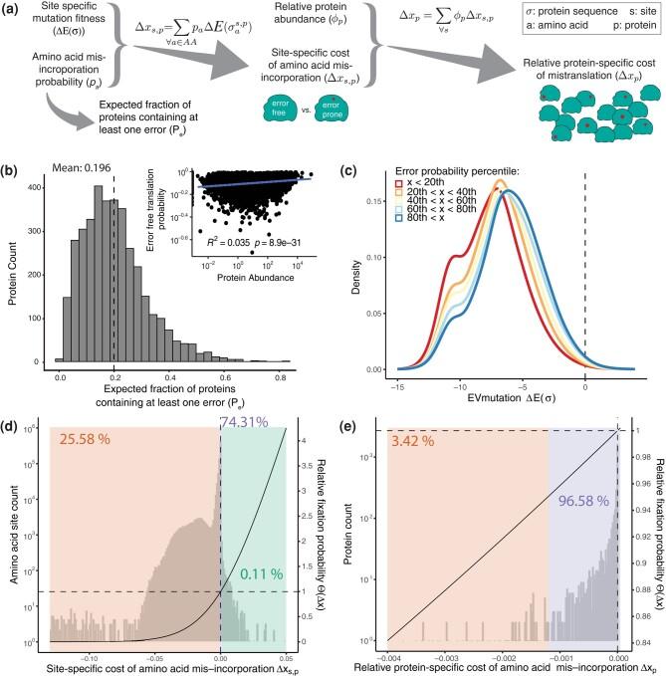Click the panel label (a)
pos(15,12)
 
